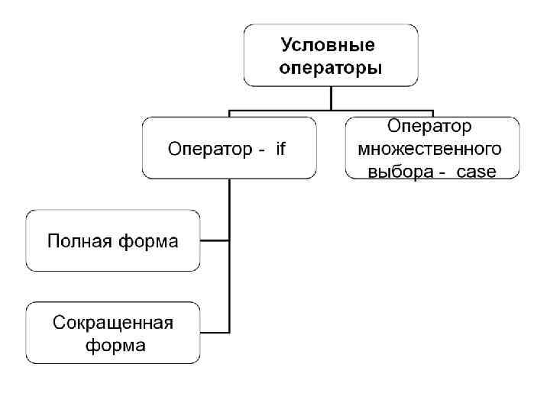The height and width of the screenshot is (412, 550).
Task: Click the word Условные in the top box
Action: coord(330,46)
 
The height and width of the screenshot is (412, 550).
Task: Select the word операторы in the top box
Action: coord(331,68)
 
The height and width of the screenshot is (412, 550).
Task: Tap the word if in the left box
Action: coord(280,149)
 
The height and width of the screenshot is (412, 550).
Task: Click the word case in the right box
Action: coord(476,172)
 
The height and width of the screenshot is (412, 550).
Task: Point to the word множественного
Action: coord(429,147)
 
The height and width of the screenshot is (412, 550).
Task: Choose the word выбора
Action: coord(400,172)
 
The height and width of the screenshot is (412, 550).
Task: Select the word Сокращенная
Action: coord(113,322)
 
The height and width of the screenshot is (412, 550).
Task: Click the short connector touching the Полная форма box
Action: coord(215,240)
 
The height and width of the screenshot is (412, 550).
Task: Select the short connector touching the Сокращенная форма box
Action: coord(215,332)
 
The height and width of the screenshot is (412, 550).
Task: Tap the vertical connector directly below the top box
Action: coord(331,98)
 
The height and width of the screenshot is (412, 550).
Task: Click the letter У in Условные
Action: coord(288,46)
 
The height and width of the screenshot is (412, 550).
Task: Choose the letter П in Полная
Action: coord(54,242)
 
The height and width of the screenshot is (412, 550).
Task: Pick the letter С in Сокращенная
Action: coord(59,322)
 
